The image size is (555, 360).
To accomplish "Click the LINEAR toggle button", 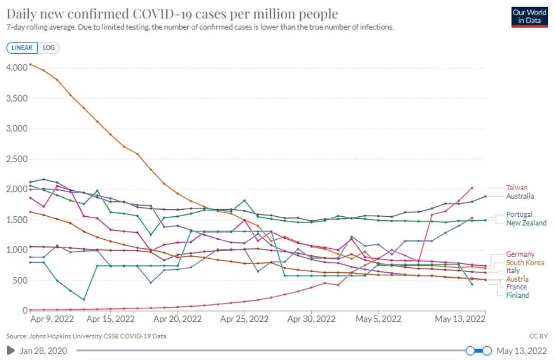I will coord(22,48).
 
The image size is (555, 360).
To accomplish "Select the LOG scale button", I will coord(48,48).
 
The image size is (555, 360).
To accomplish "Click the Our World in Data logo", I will coord(529,16).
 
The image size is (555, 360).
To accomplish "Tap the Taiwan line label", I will coord(517,188).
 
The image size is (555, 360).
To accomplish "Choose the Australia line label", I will coord(520,196).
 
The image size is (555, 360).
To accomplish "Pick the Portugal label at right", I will coord(519,214).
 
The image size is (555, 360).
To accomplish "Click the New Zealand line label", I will coord(526,223).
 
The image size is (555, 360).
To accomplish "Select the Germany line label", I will coord(520,254).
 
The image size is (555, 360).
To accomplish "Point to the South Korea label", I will coord(525,263).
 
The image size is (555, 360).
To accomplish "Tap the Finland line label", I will coord(517,295).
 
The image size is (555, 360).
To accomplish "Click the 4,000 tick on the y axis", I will coord(16,68).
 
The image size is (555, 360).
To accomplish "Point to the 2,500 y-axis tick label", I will coord(16,159).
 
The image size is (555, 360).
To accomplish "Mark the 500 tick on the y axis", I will coord(19,280).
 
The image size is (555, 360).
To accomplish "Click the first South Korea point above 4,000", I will coord(30,64).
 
